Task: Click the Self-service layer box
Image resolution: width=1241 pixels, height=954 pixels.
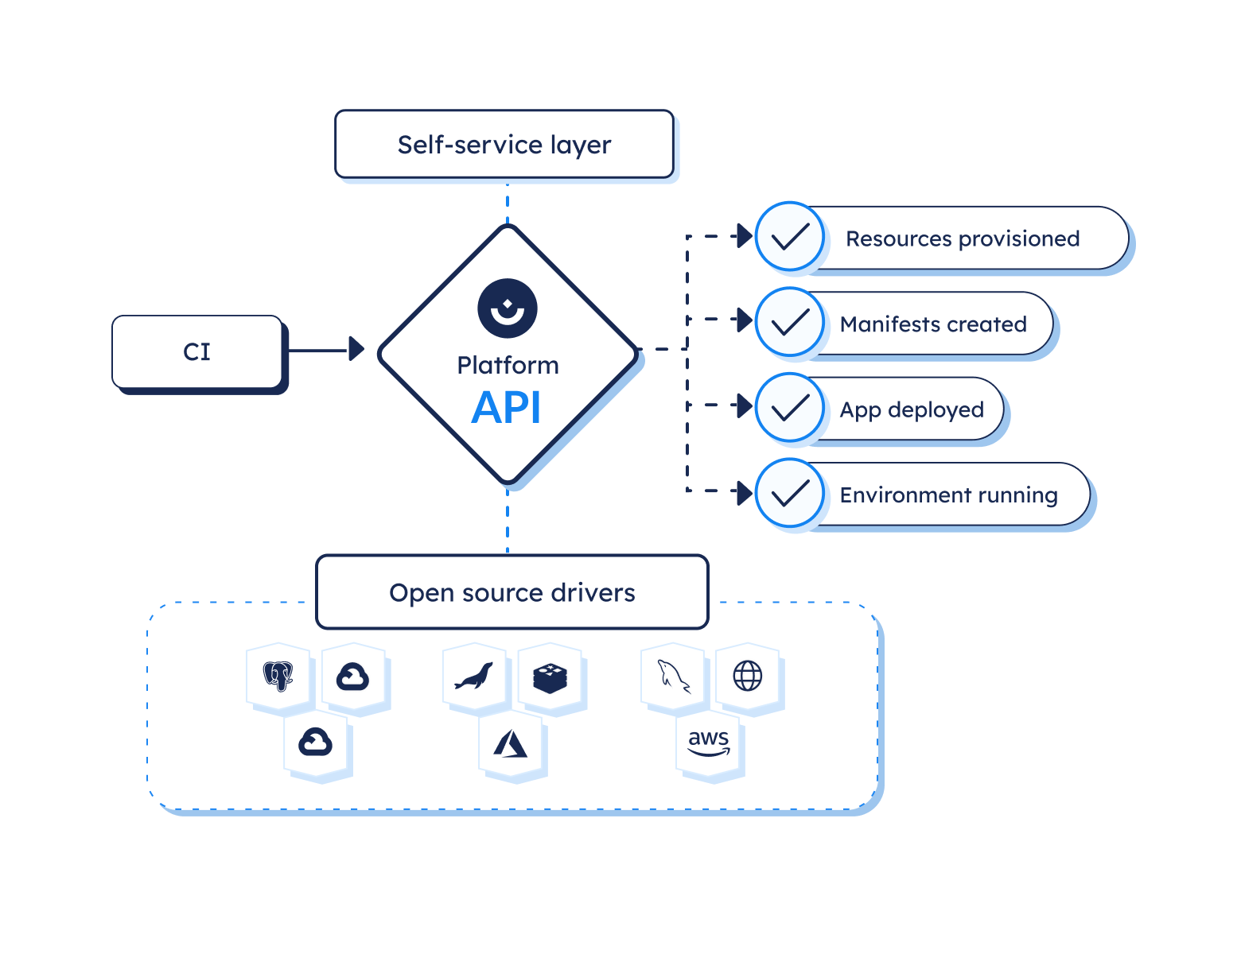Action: tap(504, 145)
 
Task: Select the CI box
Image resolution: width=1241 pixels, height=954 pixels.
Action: tap(197, 351)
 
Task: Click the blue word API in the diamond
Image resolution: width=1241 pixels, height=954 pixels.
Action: tap(507, 409)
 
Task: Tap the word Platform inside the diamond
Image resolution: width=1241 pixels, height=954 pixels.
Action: tap(508, 365)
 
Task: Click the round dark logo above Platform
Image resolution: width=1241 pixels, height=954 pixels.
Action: tap(508, 308)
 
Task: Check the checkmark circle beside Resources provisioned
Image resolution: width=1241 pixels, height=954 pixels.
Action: tap(790, 237)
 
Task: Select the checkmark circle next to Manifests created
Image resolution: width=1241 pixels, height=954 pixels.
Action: tap(790, 323)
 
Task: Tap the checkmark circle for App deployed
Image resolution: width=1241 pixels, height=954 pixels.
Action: tap(790, 408)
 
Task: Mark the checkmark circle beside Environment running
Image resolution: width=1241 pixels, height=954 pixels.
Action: tap(790, 494)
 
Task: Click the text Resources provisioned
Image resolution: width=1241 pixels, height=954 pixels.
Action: tap(963, 238)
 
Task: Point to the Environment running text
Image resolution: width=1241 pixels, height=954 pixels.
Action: tap(948, 495)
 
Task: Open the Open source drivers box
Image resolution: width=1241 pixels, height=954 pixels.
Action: tap(512, 593)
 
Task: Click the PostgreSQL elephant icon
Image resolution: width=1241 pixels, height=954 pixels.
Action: tap(278, 677)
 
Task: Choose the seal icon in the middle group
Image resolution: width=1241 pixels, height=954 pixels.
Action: tap(474, 677)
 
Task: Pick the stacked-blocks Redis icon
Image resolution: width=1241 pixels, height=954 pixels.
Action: tap(550, 677)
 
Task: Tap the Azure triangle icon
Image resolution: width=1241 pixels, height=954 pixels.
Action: tap(512, 744)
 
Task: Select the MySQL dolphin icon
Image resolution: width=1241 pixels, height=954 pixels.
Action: tap(673, 677)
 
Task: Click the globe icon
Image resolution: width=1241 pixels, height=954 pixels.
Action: tap(748, 677)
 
